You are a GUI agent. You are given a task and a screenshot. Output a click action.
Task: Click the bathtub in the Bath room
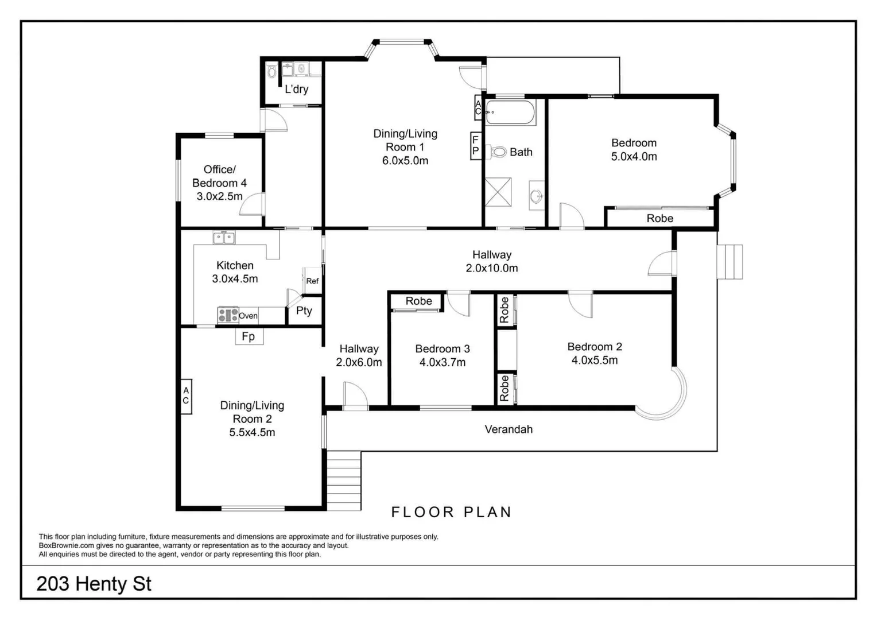click(510, 113)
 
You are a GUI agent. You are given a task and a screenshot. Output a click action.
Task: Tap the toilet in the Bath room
click(498, 152)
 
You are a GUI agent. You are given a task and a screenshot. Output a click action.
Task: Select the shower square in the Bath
click(498, 192)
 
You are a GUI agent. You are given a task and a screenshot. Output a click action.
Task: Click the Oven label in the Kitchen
click(248, 316)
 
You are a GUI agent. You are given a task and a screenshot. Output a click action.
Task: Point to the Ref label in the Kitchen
click(312, 281)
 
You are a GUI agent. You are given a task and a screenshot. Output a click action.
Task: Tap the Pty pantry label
click(304, 311)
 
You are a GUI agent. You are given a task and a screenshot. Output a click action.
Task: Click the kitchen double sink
click(224, 237)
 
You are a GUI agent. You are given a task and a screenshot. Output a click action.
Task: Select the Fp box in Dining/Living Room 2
click(249, 336)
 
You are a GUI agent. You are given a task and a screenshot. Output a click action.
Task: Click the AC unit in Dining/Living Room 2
click(186, 396)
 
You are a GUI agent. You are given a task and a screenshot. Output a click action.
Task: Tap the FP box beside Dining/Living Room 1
click(475, 146)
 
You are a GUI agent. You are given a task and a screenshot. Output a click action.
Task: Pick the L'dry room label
click(297, 89)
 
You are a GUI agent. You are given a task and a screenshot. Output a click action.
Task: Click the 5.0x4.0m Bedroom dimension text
click(634, 157)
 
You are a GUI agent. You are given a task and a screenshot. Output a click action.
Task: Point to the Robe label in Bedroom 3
click(418, 301)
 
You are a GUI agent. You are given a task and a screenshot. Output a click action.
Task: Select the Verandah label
click(509, 429)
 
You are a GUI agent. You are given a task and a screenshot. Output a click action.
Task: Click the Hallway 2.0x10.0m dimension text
click(492, 268)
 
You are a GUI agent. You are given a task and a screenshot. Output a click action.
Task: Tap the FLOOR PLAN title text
click(451, 512)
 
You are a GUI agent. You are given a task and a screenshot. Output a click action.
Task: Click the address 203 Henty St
click(94, 584)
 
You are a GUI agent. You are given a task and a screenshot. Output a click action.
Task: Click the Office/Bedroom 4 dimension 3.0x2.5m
click(219, 196)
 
